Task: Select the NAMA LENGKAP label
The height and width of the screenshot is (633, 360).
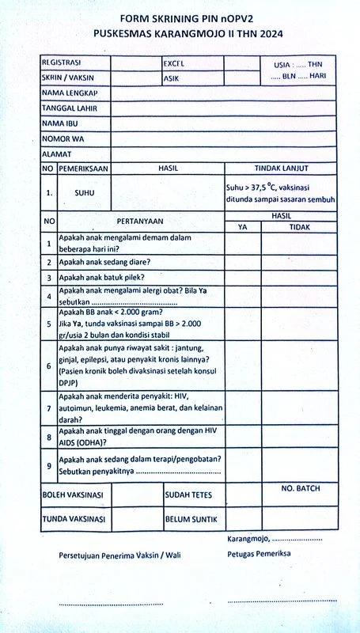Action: (75, 93)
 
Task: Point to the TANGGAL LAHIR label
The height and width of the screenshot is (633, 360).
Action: (74, 108)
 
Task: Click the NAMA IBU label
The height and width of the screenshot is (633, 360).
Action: (63, 123)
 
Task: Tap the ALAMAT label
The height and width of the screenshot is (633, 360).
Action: (57, 154)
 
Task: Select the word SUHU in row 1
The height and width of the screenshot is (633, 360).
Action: (85, 192)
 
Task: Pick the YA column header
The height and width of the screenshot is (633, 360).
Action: (243, 227)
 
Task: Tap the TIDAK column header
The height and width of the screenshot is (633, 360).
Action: (299, 227)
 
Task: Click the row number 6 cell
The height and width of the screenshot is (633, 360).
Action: (48, 366)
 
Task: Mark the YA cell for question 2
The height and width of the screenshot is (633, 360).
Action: (243, 262)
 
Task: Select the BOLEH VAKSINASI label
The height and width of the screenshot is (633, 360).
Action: (73, 495)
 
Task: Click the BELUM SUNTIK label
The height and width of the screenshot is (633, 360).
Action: (191, 520)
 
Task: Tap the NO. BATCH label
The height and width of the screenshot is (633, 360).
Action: (301, 489)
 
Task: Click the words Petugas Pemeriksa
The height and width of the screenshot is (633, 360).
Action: (259, 554)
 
